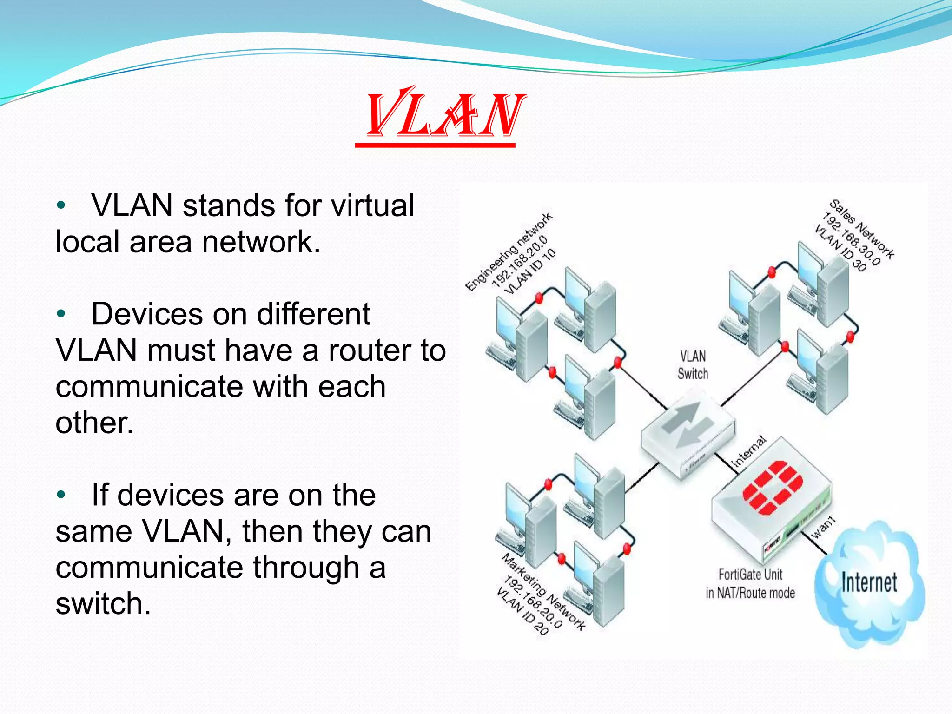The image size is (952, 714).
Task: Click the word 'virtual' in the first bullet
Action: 372,205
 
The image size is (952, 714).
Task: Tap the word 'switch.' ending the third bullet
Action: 103,603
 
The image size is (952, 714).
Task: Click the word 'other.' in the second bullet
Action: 94,423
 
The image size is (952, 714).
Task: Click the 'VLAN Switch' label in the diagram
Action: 693,365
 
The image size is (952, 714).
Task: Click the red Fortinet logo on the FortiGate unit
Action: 772,488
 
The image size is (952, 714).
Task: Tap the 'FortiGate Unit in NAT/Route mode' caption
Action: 750,584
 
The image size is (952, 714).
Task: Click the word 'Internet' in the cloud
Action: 869,583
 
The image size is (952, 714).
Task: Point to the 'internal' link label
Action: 748,451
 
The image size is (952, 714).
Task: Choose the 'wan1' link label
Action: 823,528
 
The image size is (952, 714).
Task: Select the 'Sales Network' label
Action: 862,229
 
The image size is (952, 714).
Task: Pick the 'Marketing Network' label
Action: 543,591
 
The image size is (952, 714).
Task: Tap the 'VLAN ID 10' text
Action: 530,271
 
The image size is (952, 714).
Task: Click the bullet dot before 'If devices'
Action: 60,495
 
